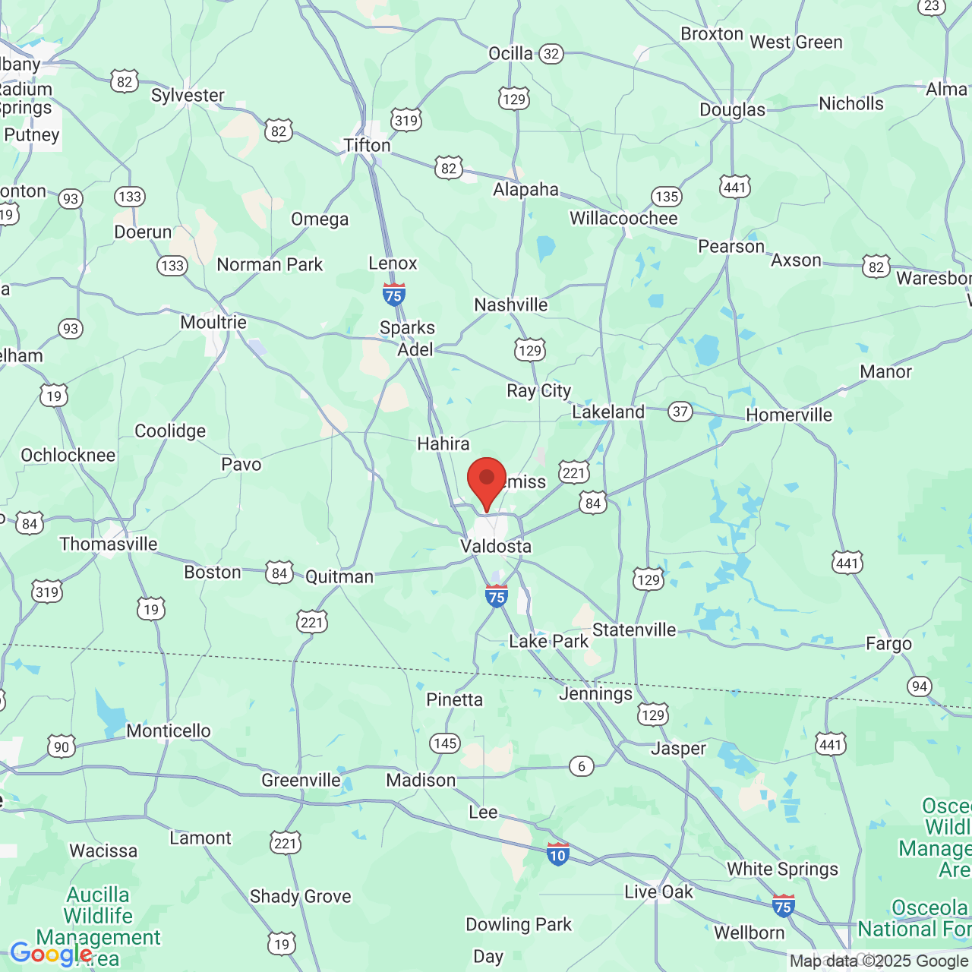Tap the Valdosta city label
pos(496,547)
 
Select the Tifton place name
pos(367,145)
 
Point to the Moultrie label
pos(213,322)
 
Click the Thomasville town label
pos(109,544)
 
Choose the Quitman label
pos(339,577)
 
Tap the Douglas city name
pos(732,110)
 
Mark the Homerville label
pos(789,415)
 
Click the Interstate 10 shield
pos(557,854)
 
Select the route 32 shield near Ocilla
pos(551,54)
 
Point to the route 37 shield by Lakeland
pos(680,412)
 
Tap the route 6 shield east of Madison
pos(582,766)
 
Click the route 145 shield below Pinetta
pos(445,743)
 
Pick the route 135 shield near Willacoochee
pos(666,197)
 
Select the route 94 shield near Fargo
pos(920,686)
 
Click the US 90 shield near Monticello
pos(62,746)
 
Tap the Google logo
pos(51,954)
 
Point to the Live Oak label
pos(658,892)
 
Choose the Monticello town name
pos(169,731)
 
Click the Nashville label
pos(511,305)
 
